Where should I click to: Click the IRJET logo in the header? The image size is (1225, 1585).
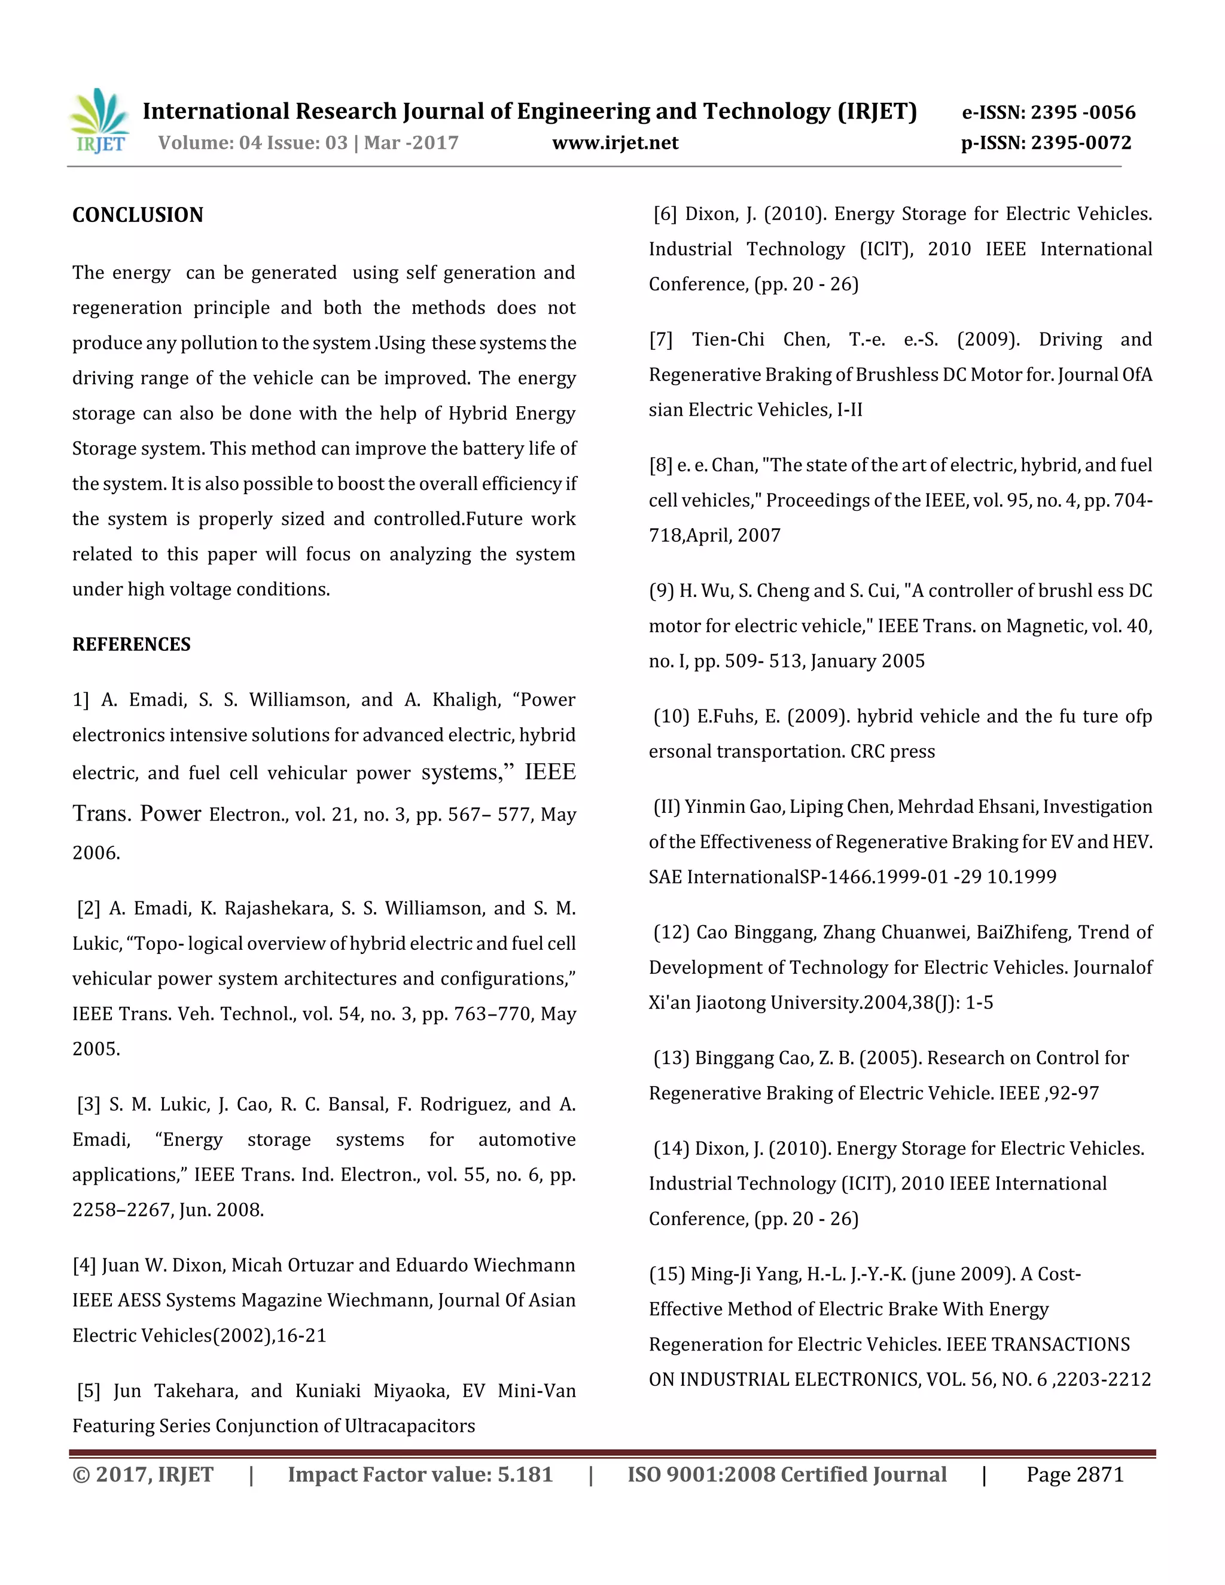pos(99,120)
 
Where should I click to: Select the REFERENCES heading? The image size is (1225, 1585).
pos(132,644)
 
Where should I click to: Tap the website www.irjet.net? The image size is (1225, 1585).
pos(615,143)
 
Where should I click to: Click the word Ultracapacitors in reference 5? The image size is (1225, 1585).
pos(409,1426)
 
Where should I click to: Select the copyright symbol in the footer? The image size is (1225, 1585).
pos(81,1475)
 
